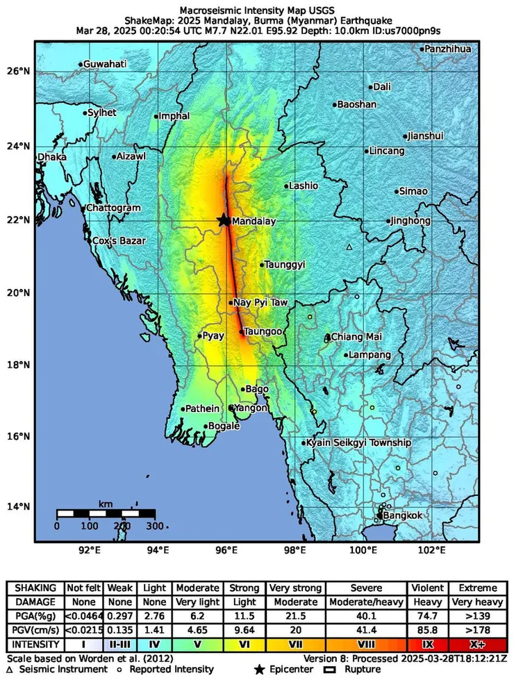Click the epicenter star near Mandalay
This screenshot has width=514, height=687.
point(223,220)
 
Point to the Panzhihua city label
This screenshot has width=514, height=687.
point(448,49)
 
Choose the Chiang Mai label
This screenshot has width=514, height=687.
point(356,337)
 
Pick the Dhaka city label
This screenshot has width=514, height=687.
point(53,157)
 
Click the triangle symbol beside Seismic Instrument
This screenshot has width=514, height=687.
point(9,670)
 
